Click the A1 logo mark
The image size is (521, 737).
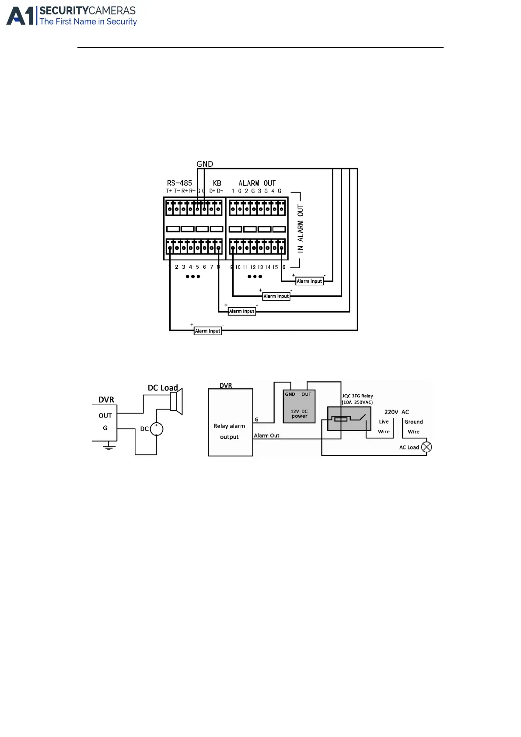[21, 16]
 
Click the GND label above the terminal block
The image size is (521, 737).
[205, 164]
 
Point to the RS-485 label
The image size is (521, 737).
[179, 183]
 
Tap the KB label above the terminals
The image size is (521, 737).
[217, 183]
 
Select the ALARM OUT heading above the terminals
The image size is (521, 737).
[257, 183]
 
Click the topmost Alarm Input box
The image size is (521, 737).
[309, 281]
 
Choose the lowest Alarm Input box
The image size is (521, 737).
[208, 331]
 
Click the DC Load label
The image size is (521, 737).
[163, 388]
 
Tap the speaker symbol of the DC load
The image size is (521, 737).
[176, 401]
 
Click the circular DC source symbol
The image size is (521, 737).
[157, 429]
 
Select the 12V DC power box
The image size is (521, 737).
[299, 407]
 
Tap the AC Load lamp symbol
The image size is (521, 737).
[427, 447]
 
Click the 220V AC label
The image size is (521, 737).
[396, 412]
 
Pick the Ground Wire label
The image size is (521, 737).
[413, 427]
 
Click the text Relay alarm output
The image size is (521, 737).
[229, 431]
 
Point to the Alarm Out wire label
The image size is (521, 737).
[267, 435]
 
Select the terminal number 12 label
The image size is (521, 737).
[253, 267]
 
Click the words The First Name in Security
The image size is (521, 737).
[88, 21]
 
